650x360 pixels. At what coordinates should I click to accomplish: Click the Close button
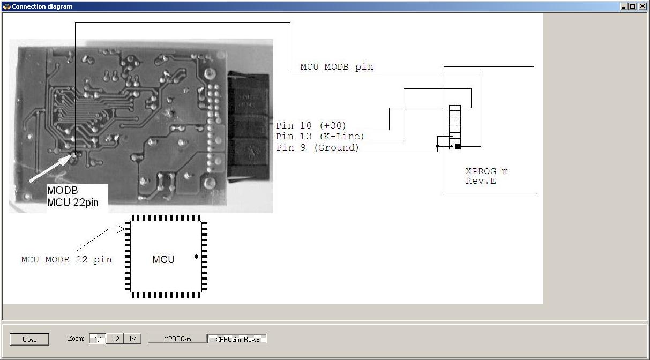coord(29,339)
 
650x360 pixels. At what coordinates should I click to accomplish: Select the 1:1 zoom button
coord(98,339)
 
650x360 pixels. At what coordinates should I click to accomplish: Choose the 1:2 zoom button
coord(115,339)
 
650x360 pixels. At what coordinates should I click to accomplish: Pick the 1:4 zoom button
coord(132,339)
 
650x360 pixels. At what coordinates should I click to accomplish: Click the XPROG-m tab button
coord(177,339)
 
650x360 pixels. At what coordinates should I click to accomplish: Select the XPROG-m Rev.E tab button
coord(237,339)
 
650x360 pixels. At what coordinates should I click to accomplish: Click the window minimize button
coord(624,6)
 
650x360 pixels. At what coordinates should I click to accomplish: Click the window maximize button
coord(633,6)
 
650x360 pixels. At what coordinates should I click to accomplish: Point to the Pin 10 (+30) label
coord(311,125)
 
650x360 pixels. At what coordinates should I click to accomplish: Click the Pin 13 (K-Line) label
coord(320,137)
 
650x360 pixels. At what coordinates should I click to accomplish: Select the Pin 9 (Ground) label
coord(317,147)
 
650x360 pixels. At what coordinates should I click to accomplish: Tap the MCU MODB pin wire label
coord(337,67)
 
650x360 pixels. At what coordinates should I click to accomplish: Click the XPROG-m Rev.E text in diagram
coord(487,176)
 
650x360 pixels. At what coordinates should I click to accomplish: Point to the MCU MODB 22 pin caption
coord(66,259)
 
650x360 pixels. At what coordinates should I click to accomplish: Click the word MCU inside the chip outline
coord(163,259)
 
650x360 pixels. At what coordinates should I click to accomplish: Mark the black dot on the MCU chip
coord(196,257)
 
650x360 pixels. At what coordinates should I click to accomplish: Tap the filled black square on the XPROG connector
coord(458,146)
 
